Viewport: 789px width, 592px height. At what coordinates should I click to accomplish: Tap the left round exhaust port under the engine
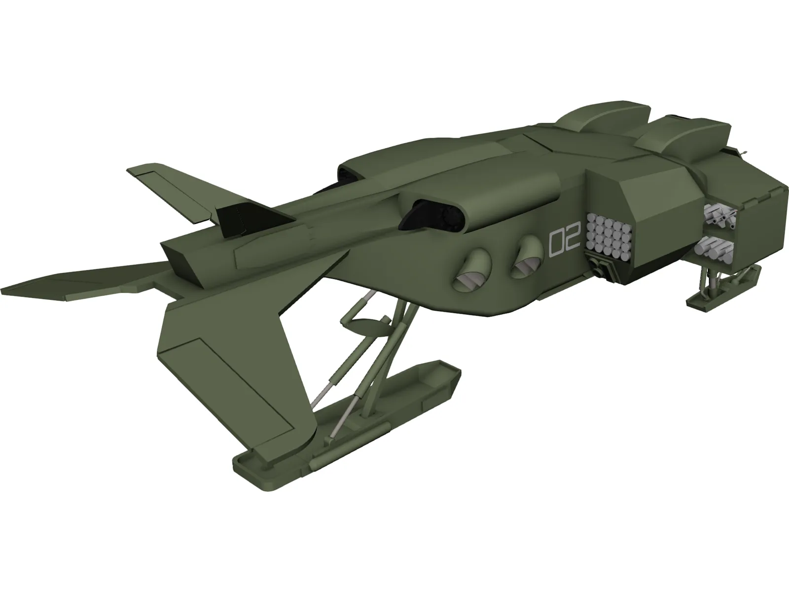472,270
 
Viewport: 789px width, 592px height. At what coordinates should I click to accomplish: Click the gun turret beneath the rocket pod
599,270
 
